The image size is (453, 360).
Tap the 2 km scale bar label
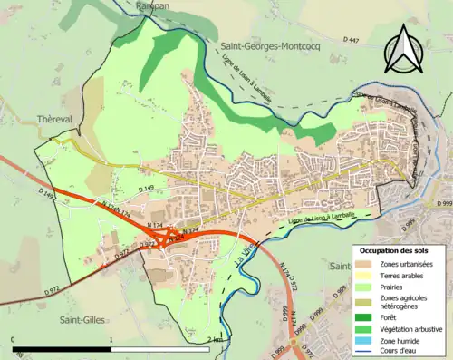pos(214,338)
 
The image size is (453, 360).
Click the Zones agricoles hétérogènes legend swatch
pos(367,302)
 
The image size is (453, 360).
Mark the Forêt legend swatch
pos(367,316)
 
